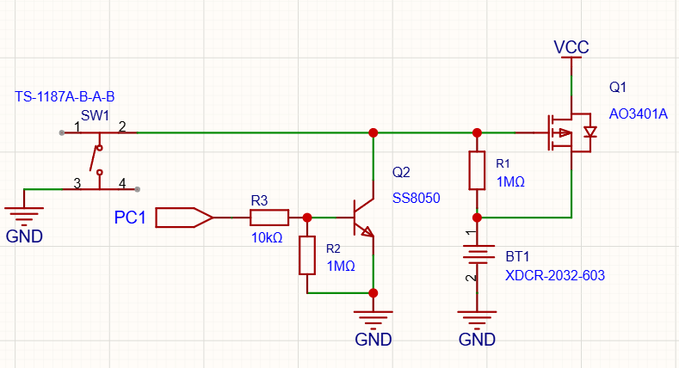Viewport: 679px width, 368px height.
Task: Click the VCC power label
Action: (x=571, y=47)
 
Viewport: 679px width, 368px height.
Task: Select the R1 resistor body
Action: (x=477, y=170)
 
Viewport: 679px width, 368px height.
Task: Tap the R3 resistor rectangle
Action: (x=269, y=218)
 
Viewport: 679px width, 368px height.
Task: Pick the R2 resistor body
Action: (x=307, y=255)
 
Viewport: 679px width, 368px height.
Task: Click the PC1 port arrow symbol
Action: (x=184, y=218)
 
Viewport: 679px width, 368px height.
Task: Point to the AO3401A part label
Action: (x=639, y=114)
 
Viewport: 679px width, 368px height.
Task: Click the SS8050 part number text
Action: (x=417, y=198)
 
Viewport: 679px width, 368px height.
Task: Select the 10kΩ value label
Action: (x=267, y=237)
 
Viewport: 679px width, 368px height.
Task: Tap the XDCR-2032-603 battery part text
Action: (x=555, y=275)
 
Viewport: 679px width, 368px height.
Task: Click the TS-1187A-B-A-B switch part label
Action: (x=65, y=96)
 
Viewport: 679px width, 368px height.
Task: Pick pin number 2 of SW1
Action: (x=122, y=126)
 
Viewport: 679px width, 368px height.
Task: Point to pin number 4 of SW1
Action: (x=122, y=183)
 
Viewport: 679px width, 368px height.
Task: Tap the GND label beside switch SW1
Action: (x=24, y=236)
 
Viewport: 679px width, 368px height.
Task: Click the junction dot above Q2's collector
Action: (x=373, y=132)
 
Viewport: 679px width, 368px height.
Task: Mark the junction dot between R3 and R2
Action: (x=307, y=218)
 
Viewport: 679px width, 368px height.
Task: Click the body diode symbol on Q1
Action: (x=590, y=132)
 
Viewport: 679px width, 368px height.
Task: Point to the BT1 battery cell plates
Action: (x=477, y=255)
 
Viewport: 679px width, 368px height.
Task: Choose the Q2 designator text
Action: (x=401, y=172)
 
